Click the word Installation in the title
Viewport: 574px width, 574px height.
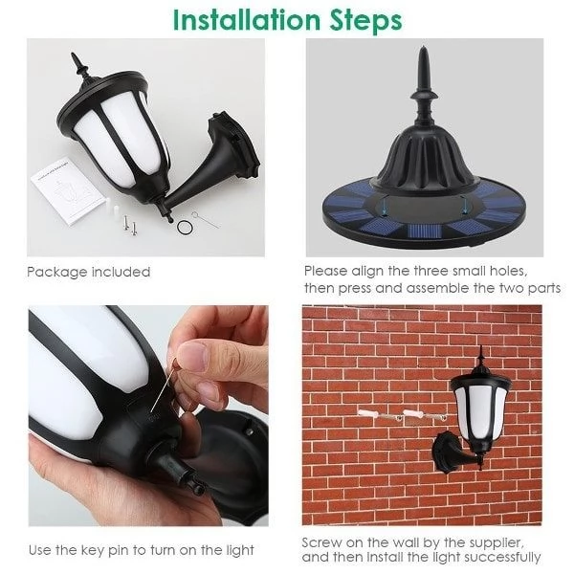pos(248,20)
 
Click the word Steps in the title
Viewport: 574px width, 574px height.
pos(366,22)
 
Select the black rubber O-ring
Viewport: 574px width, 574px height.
pos(184,227)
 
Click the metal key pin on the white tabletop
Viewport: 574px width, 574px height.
pos(205,219)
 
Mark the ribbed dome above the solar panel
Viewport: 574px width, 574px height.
pos(426,158)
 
